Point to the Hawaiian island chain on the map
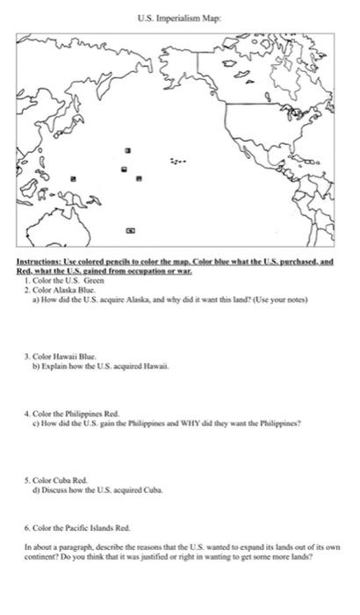click(179, 162)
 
